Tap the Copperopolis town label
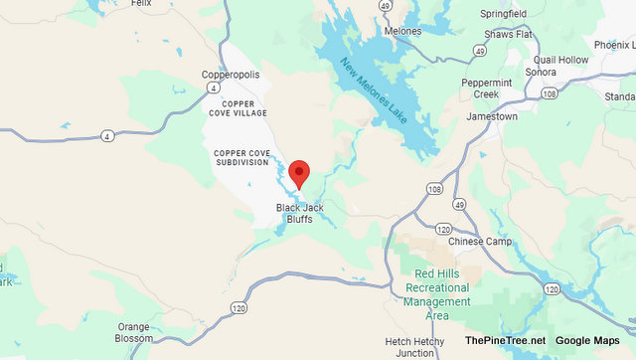230,75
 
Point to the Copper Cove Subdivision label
241,157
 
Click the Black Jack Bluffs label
294,213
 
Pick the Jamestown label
493,116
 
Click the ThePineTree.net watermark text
504,341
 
